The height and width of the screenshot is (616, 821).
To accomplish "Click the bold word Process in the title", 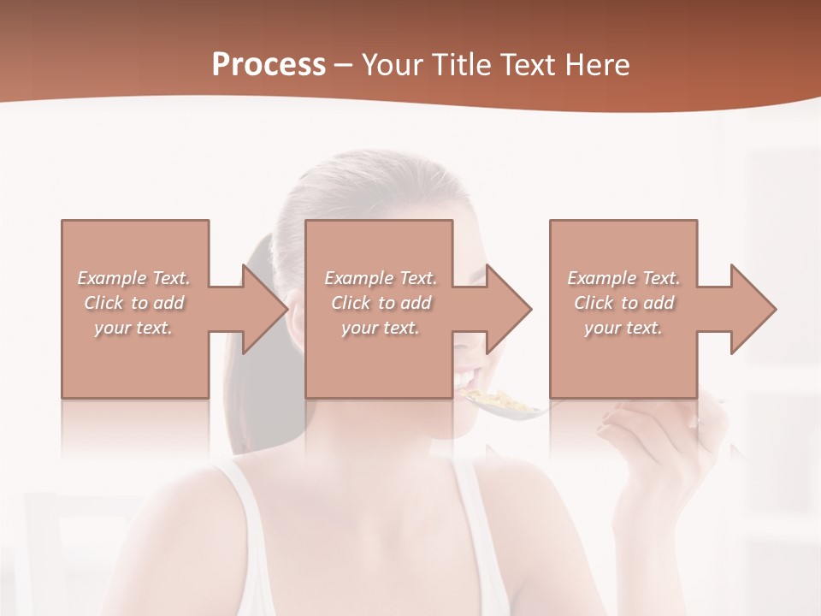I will tap(269, 64).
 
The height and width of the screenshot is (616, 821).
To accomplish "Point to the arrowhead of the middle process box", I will tap(507, 309).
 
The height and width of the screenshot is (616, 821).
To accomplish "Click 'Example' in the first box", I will tap(112, 278).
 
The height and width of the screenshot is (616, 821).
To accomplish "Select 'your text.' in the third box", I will tap(623, 328).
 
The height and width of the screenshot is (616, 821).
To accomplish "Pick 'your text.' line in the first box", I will tap(133, 328).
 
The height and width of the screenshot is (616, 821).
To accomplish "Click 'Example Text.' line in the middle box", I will tap(381, 278).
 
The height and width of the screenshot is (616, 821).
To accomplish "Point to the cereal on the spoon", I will tap(487, 399).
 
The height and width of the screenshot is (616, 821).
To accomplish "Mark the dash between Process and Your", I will tap(344, 65).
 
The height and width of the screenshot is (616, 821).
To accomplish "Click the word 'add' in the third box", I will tap(659, 303).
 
